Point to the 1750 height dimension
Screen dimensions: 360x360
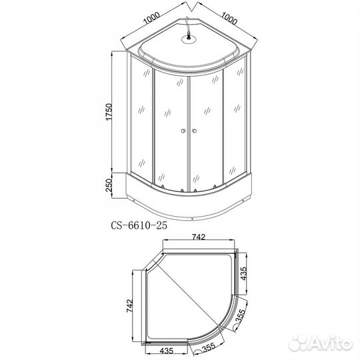(106, 114)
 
